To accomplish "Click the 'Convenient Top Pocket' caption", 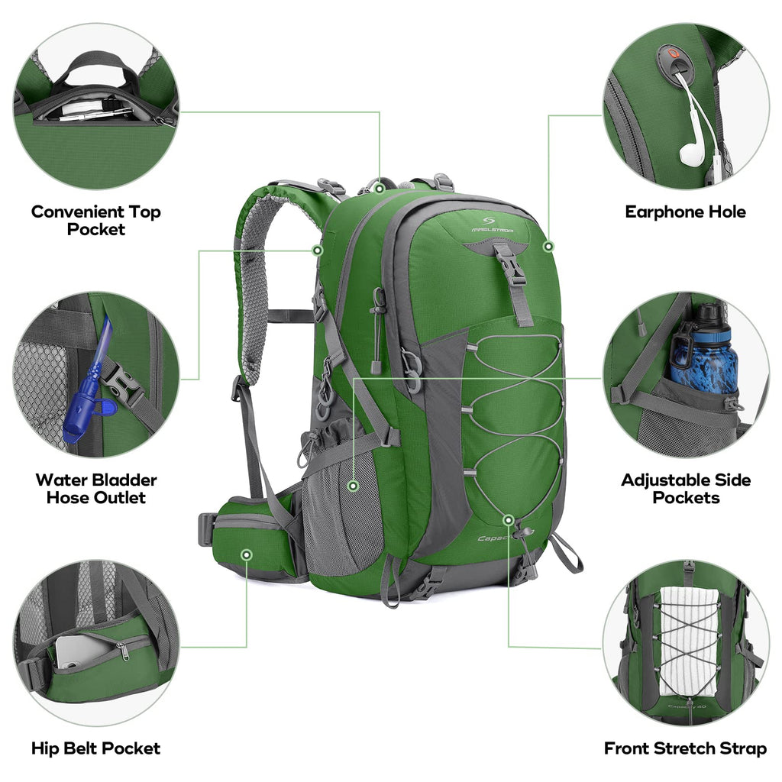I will (x=95, y=220).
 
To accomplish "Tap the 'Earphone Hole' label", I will (x=685, y=212).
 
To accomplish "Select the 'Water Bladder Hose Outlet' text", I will (x=95, y=489).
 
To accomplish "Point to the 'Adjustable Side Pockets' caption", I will (x=685, y=489).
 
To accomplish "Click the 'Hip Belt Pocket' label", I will (x=95, y=748).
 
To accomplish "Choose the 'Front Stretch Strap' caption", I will (x=685, y=748).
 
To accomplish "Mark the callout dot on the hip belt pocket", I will (x=246, y=554).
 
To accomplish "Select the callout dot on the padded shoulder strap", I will (x=317, y=250).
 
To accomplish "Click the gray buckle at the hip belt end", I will (x=205, y=528).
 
